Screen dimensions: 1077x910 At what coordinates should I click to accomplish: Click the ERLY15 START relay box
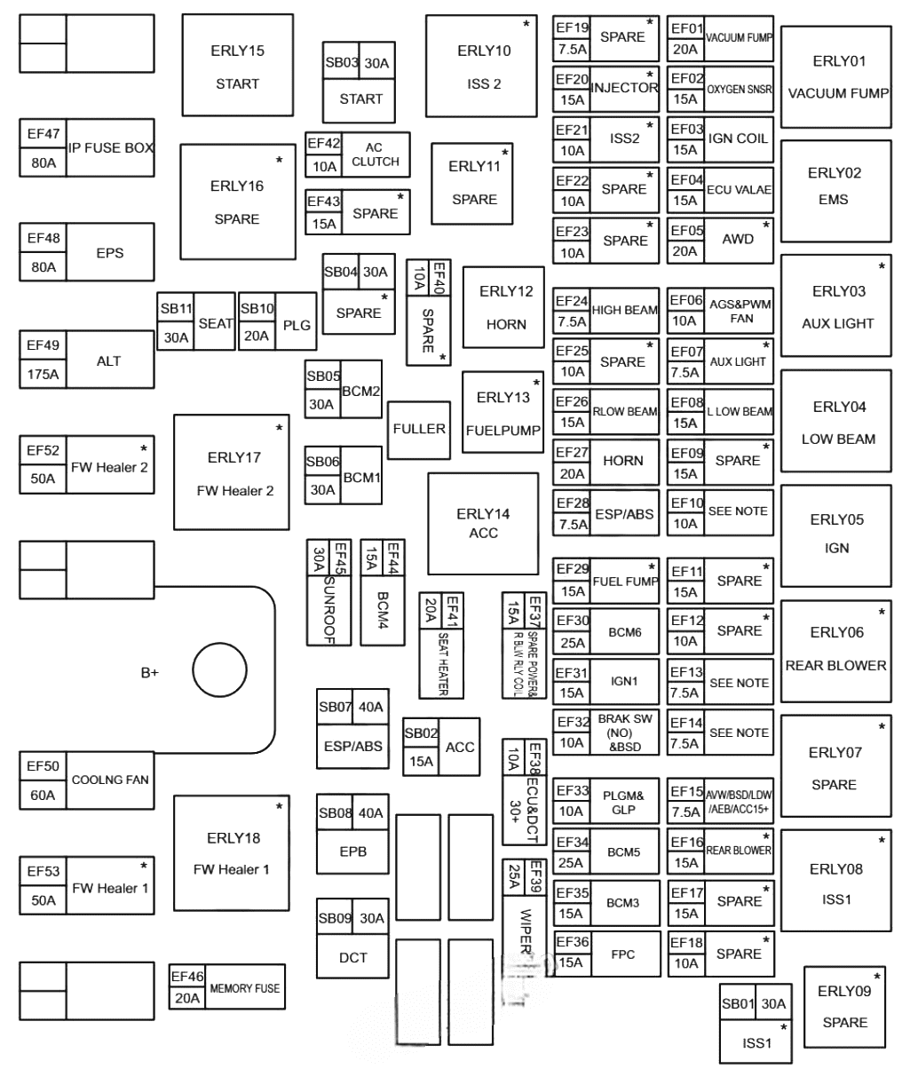point(237,65)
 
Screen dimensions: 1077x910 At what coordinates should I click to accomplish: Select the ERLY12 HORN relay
point(505,307)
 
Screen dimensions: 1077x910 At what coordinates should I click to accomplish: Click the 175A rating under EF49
point(43,374)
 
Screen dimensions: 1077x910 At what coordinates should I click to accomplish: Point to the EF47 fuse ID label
point(43,135)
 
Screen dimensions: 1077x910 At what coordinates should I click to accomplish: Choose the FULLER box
point(419,429)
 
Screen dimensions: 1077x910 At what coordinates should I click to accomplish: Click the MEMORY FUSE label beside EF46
point(244,987)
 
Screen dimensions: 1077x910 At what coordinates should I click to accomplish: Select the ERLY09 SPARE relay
point(844,1006)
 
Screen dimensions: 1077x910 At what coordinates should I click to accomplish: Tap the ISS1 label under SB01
point(756,1043)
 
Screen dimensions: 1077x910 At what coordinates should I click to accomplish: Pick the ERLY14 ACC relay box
point(483,524)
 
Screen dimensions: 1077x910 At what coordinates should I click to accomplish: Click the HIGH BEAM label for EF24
point(625,311)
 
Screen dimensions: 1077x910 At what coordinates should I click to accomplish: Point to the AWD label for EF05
point(738,239)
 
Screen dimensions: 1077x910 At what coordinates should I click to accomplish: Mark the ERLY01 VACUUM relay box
point(835,77)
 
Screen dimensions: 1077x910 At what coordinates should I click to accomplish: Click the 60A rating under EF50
point(43,795)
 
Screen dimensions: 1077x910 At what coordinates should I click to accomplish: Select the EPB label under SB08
point(352,851)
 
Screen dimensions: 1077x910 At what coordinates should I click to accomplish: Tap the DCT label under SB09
point(352,957)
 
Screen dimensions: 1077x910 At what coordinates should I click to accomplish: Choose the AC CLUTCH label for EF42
point(376,154)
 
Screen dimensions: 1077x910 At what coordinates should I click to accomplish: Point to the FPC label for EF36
point(623,954)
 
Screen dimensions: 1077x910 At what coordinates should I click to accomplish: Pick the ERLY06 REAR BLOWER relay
point(835,649)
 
